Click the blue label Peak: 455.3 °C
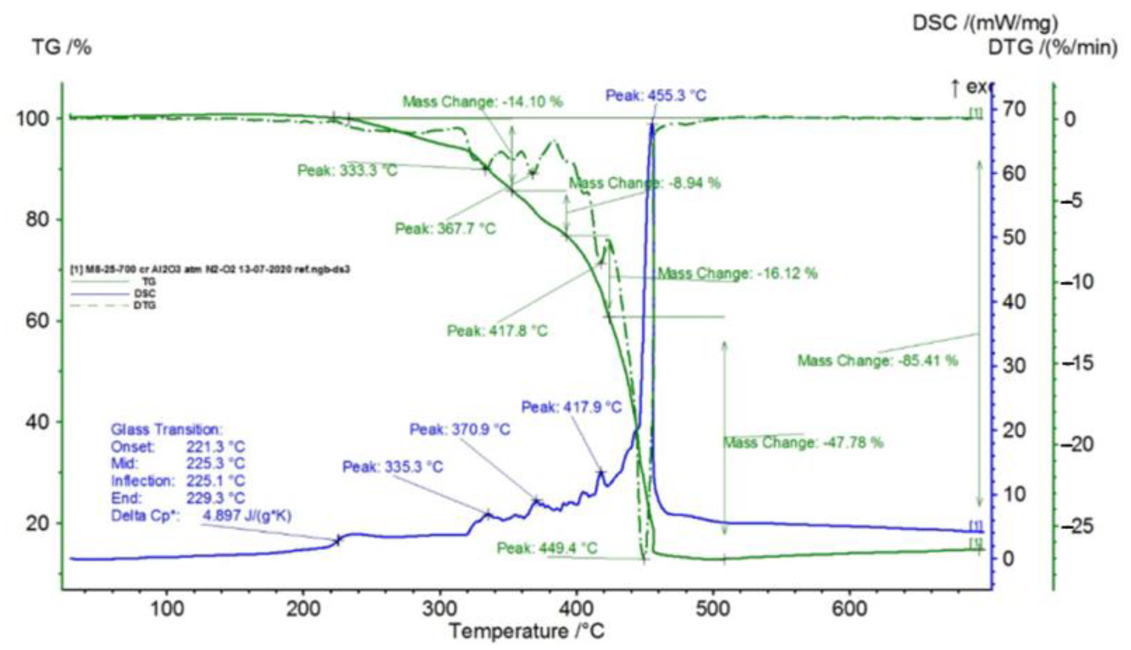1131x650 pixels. pos(656,96)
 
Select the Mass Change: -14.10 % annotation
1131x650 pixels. pos(482,102)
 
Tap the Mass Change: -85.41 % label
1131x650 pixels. pos(877,360)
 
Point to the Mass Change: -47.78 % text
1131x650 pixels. pos(803,442)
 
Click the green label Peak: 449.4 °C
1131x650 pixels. pos(547,548)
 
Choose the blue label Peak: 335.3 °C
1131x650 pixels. pos(392,467)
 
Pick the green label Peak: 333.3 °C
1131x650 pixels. pos(347,170)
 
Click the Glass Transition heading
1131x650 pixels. pos(167,430)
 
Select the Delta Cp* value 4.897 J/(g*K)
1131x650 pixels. pos(247,516)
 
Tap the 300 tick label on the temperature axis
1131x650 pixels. pos(440,609)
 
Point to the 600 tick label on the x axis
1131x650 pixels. pos(849,609)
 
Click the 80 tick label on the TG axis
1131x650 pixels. pos(37,219)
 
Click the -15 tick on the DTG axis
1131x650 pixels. pos(1078,363)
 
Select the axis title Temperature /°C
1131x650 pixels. pos(526,632)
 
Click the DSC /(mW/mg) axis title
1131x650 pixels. pos(985,22)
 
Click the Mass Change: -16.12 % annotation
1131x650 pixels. pos(737,273)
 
